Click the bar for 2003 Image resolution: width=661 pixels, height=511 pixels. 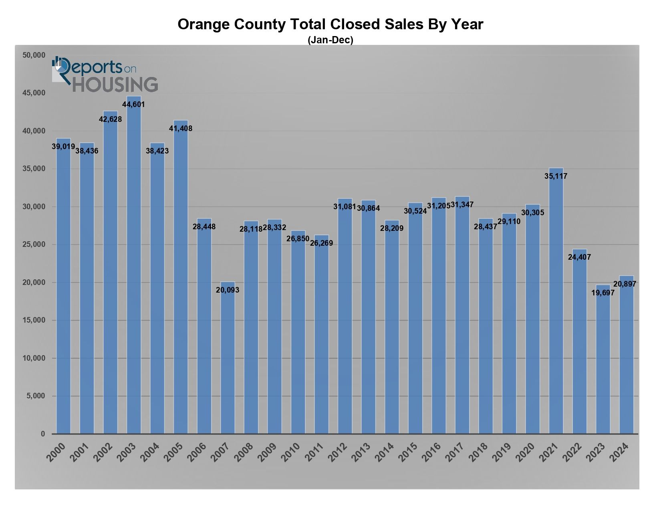[x=134, y=265]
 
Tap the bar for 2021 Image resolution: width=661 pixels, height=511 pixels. [x=556, y=301]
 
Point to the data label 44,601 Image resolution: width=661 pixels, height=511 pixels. [x=133, y=105]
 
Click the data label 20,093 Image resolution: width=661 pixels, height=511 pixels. [x=228, y=290]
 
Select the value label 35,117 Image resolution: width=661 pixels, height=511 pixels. [x=556, y=176]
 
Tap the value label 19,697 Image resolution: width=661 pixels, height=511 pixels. [x=603, y=293]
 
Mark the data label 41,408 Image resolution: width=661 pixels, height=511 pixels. [x=181, y=129]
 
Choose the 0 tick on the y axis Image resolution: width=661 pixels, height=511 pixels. [x=43, y=434]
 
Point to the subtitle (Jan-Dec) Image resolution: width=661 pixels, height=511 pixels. [x=330, y=40]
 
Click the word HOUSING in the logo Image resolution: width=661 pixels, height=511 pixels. [x=115, y=85]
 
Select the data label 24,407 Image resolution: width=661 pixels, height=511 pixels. [x=579, y=257]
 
